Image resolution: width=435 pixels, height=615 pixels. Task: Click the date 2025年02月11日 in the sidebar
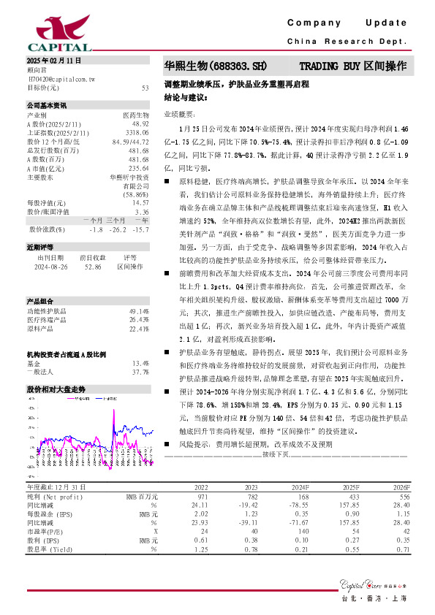53,59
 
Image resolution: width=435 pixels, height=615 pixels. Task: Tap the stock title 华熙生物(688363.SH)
210,66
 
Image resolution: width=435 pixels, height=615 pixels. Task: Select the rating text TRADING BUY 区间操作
352,66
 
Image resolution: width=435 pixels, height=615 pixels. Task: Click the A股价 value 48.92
140,124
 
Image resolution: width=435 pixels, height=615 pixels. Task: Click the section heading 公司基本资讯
46,104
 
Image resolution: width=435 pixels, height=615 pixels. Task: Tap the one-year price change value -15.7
140,229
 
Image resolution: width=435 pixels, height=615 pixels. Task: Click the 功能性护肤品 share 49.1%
140,310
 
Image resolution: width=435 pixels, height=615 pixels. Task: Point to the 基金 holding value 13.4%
140,363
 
